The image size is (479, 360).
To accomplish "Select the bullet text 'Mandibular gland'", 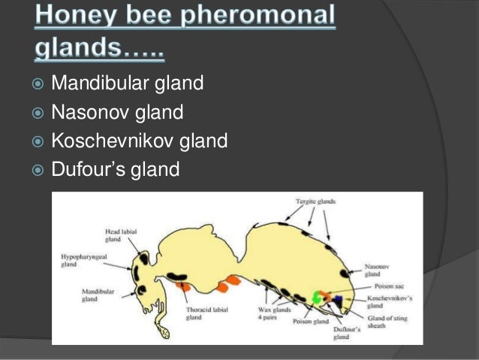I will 127,83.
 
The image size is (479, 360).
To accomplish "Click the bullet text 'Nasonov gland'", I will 117,113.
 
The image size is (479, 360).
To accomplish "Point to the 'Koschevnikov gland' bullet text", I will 139,141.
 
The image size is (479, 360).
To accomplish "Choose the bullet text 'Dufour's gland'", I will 115,171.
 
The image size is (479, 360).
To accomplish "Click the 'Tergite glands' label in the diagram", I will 314,201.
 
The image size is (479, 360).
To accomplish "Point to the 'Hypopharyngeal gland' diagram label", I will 79,261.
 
